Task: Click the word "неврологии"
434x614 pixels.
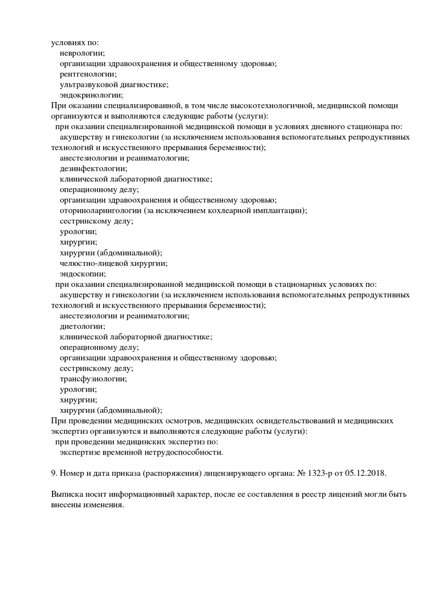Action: [82, 53]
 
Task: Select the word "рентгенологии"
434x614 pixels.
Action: [87, 74]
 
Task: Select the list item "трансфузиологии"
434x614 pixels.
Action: [93, 379]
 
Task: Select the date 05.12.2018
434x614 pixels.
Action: [366, 473]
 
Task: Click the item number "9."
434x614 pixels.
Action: [54, 473]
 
